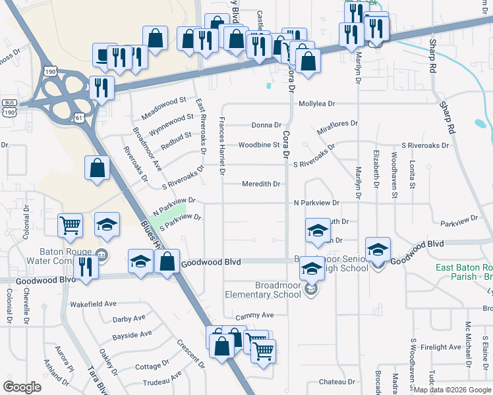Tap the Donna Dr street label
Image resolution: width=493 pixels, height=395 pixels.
tap(266, 125)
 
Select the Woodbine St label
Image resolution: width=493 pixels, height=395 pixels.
tap(259, 145)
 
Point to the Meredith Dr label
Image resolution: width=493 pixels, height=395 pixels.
tap(261, 184)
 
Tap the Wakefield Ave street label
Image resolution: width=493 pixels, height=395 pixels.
tap(93, 305)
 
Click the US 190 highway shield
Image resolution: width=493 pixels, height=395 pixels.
tap(49, 70)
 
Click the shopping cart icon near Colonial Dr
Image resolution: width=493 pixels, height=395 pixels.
tap(70, 226)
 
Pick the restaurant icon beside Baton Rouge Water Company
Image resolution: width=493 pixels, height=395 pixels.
tap(86, 267)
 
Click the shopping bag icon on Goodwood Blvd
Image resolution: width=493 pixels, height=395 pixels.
tap(168, 261)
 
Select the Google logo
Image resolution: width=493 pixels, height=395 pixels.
tap(22, 387)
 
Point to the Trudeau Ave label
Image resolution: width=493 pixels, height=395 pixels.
tap(162, 380)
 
